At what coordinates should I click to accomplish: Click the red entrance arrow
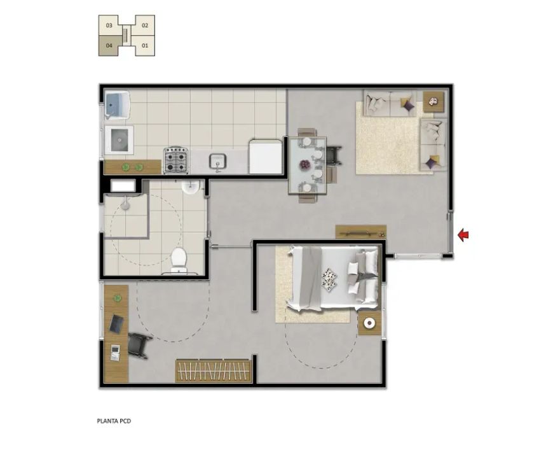[x=463, y=234]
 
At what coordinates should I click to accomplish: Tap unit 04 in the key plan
[x=109, y=46]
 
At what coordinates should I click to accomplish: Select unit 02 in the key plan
[x=145, y=25]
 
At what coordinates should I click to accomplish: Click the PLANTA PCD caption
[x=114, y=421]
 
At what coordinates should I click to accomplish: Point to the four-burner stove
[x=175, y=160]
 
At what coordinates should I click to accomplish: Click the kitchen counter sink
[x=217, y=162]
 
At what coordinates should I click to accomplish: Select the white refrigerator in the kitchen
[x=266, y=156]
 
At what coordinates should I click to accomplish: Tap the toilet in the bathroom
[x=179, y=260]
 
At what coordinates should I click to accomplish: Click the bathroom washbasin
[x=191, y=186]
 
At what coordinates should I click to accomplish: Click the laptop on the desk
[x=116, y=324]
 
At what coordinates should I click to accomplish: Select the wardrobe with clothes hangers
[x=214, y=371]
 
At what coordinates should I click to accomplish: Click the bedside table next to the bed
[x=369, y=323]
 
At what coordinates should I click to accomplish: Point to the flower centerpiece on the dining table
[x=304, y=165]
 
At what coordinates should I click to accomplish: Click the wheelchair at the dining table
[x=333, y=155]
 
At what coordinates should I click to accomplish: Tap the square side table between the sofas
[x=434, y=102]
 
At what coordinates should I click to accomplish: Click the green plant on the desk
[x=117, y=299]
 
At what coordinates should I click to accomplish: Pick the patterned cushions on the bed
[x=329, y=279]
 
